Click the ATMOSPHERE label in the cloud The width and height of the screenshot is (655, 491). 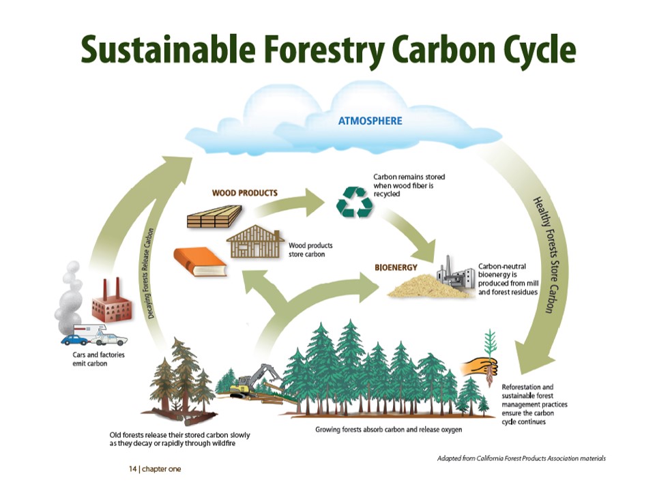[370, 121]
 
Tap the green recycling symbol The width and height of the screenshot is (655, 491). [355, 202]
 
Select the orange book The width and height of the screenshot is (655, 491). [200, 262]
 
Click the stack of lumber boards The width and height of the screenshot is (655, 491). [214, 216]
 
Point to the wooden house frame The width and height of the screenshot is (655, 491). [255, 241]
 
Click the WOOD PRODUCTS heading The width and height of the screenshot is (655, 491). [245, 193]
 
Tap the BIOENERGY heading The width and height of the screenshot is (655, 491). [396, 267]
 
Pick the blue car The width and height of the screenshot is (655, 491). [75, 340]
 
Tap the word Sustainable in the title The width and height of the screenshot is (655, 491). [168, 48]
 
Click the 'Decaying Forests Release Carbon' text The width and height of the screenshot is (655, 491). [151, 273]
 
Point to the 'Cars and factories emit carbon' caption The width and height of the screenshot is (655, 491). [98, 359]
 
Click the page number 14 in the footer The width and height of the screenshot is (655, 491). [132, 469]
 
